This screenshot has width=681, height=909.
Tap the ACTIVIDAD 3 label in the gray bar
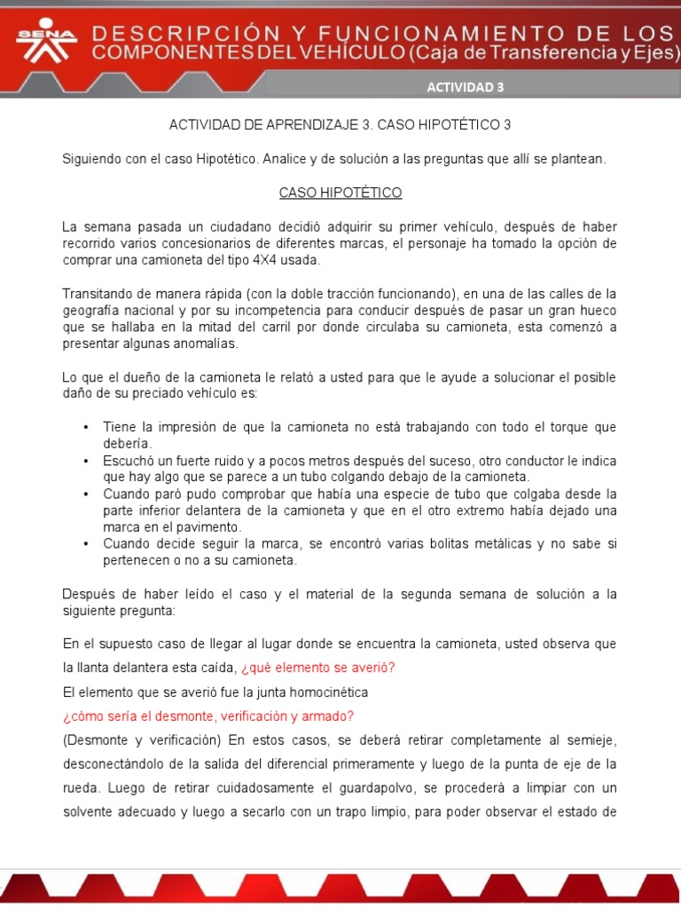[x=465, y=87]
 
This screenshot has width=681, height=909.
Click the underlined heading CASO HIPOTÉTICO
[x=340, y=193]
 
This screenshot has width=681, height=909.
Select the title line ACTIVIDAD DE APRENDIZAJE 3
[x=340, y=125]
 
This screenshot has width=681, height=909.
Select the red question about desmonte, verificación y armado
[x=208, y=715]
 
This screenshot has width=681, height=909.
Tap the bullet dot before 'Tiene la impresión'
[x=86, y=427]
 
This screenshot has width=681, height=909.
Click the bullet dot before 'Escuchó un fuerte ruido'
[x=86, y=461]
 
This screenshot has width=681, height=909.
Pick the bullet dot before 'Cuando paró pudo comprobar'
[x=86, y=494]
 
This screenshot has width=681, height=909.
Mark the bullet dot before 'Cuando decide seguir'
[x=86, y=544]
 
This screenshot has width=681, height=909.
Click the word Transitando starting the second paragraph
[x=97, y=294]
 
